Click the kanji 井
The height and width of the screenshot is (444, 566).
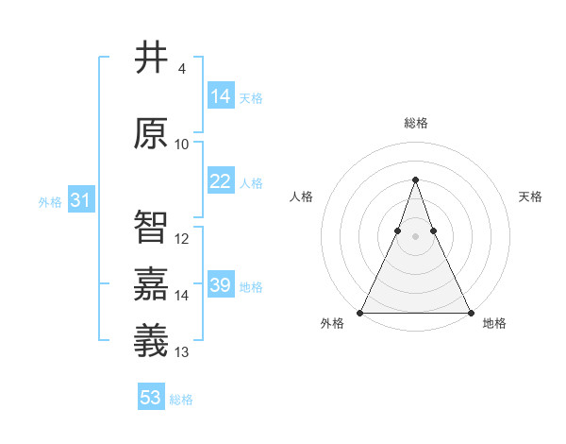pyautogui.click(x=151, y=58)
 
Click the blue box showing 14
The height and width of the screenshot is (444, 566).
pyautogui.click(x=221, y=96)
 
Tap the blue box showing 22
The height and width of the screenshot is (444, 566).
pyautogui.click(x=221, y=182)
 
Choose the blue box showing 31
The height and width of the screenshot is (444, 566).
pyautogui.click(x=80, y=201)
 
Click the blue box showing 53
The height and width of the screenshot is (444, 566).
pyautogui.click(x=151, y=398)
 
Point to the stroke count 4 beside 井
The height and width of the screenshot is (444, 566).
pyautogui.click(x=181, y=69)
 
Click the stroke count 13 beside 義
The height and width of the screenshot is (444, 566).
pyautogui.click(x=182, y=352)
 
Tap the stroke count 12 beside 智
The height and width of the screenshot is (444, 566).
pyautogui.click(x=182, y=239)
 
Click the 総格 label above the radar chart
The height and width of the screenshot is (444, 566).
pyautogui.click(x=416, y=123)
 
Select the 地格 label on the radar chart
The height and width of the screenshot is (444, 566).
pyautogui.click(x=494, y=323)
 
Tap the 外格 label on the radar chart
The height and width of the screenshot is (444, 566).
pyautogui.click(x=332, y=323)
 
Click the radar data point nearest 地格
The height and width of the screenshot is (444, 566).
pyautogui.click(x=471, y=313)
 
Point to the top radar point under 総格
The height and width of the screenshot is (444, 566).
pyautogui.click(x=415, y=179)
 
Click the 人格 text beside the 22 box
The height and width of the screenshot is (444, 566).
pyautogui.click(x=251, y=183)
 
